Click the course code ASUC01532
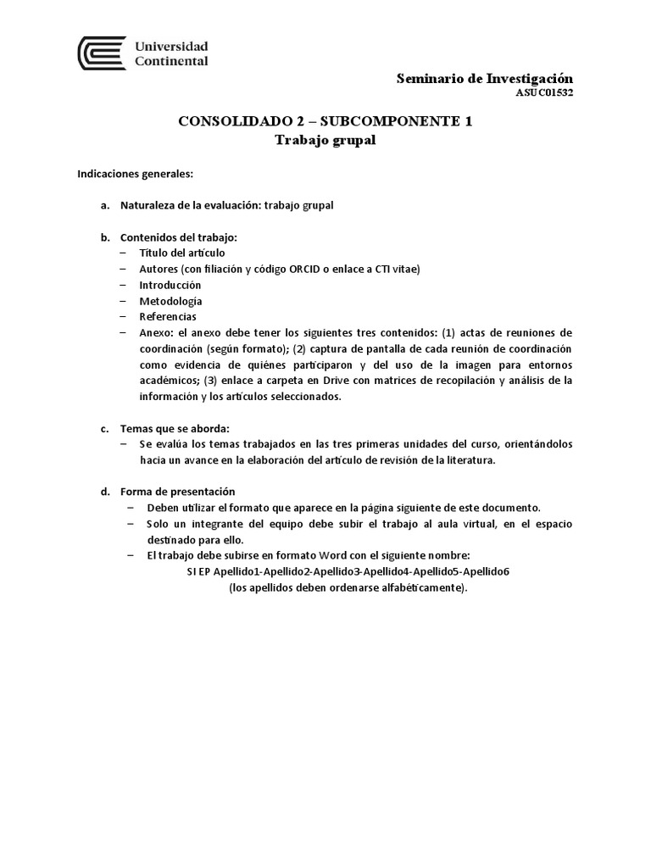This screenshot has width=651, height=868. (x=543, y=93)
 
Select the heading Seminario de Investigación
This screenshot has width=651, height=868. (x=485, y=78)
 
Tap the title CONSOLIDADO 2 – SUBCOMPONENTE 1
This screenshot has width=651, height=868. (x=325, y=121)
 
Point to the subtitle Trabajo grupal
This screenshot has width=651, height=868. (x=325, y=140)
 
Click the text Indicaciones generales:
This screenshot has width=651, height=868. (x=136, y=174)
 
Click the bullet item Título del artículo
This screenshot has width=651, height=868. (x=182, y=253)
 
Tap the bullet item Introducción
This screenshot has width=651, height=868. (x=170, y=285)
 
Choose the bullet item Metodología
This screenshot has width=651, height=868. (x=170, y=300)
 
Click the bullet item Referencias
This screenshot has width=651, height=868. (x=168, y=316)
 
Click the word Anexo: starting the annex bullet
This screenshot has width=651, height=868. (x=157, y=332)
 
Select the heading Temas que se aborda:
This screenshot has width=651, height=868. (x=175, y=428)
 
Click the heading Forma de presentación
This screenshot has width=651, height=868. (x=178, y=492)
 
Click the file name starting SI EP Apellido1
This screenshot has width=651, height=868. (x=348, y=571)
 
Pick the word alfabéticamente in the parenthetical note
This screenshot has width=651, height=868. (x=419, y=587)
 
